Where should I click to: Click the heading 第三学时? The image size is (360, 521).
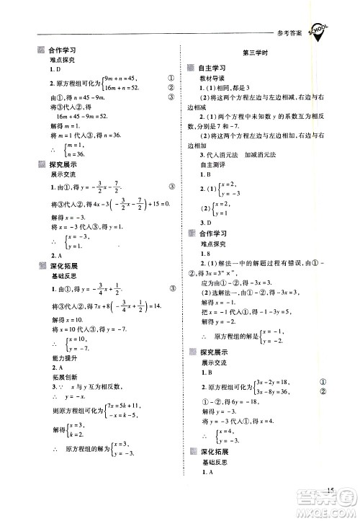click(x=257, y=53)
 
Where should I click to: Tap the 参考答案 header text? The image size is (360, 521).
click(x=289, y=34)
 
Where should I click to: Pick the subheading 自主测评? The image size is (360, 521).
click(x=212, y=165)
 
